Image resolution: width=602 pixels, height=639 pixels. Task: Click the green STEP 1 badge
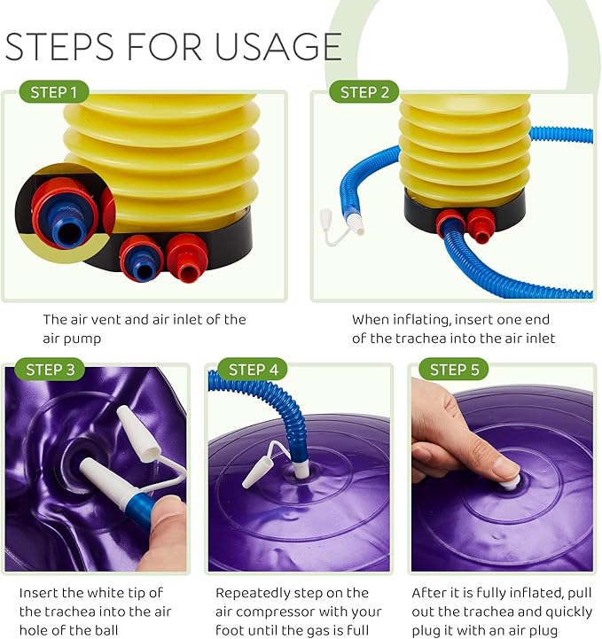click(x=54, y=92)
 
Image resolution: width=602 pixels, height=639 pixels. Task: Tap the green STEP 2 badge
click(x=364, y=92)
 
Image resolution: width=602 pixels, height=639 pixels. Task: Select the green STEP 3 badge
click(x=50, y=370)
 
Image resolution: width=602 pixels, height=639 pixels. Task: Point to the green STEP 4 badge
click(x=253, y=370)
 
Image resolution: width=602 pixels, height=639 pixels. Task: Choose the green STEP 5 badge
click(x=454, y=370)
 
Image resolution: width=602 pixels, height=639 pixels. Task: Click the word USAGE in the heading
click(x=278, y=47)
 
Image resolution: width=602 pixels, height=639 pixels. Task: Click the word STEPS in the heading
click(x=59, y=47)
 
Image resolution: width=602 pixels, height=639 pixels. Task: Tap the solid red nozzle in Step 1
click(x=187, y=258)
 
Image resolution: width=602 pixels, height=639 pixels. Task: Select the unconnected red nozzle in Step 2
click(x=481, y=225)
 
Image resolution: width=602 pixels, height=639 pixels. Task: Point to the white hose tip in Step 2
click(x=355, y=224)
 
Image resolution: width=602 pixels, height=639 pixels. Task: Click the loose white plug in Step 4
click(x=254, y=471)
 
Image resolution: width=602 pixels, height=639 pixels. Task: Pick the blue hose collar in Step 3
click(x=140, y=507)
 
